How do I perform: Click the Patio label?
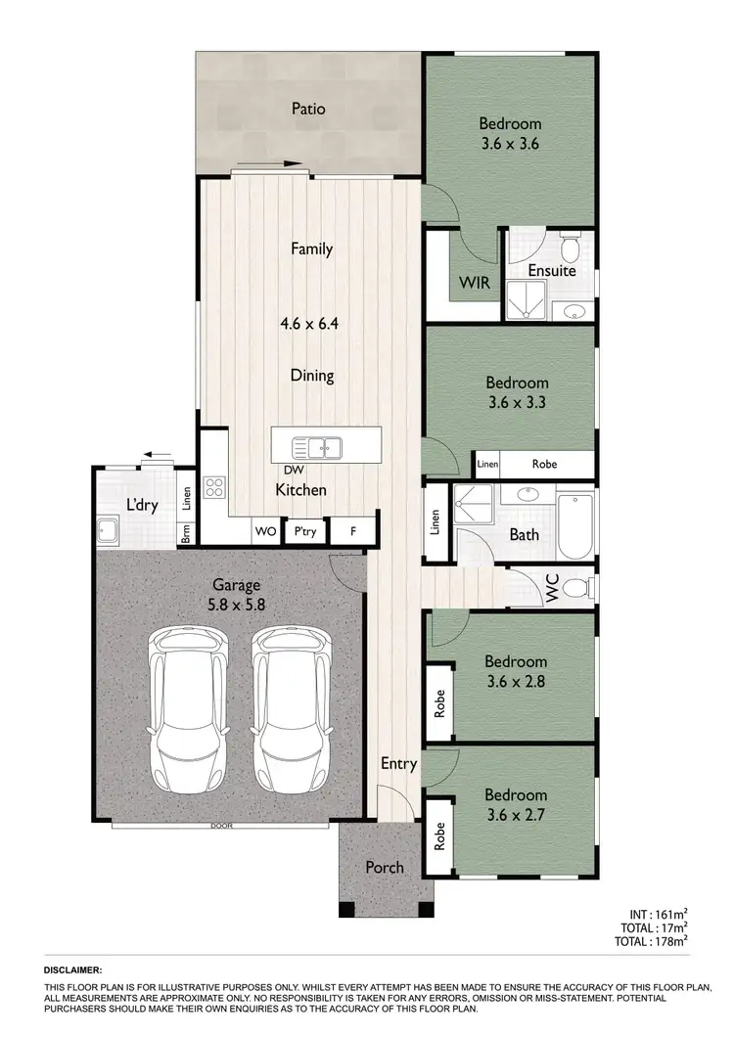tap(308, 109)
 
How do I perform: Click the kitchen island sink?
tap(317, 449)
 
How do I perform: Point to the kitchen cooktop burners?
tap(214, 487)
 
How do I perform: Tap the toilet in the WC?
tap(579, 588)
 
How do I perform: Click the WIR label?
tap(475, 284)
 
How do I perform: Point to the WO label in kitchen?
tap(265, 531)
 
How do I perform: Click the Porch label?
tap(385, 867)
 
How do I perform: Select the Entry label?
tap(398, 764)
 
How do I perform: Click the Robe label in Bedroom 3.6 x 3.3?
tap(544, 464)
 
